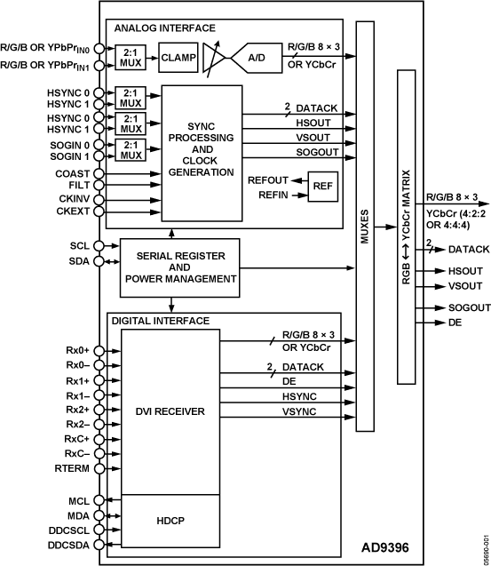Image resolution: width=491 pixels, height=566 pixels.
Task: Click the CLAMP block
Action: click(178, 58)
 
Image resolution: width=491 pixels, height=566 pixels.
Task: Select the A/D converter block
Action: click(257, 58)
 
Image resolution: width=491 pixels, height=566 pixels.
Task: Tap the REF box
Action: click(323, 187)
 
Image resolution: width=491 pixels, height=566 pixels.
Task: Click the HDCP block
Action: click(170, 521)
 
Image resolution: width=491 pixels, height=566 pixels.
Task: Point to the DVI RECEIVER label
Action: click(170, 411)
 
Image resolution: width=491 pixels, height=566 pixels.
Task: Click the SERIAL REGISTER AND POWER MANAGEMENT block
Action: click(179, 267)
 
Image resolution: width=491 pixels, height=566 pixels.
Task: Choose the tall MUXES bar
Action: click(365, 227)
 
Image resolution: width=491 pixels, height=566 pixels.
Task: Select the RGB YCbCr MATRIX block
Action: click(407, 227)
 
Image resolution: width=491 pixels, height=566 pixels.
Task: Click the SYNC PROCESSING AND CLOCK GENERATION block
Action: click(202, 154)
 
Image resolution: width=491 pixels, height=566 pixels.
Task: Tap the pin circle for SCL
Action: click(99, 246)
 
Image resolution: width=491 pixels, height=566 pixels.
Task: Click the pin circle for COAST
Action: click(99, 173)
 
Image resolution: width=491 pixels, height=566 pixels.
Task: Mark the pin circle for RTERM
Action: click(99, 468)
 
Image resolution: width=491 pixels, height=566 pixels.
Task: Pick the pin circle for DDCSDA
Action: click(99, 545)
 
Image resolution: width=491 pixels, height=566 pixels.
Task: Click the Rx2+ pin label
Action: click(77, 410)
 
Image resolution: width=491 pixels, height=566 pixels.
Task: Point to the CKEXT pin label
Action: click(73, 211)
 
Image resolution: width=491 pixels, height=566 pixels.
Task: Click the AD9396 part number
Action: click(385, 547)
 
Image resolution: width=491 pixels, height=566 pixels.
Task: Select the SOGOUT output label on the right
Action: click(470, 307)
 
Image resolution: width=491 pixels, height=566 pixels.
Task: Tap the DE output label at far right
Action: click(455, 323)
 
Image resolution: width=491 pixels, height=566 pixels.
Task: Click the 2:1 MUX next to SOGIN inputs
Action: click(131, 150)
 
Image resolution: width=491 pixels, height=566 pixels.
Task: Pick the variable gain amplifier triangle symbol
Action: click(214, 58)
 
